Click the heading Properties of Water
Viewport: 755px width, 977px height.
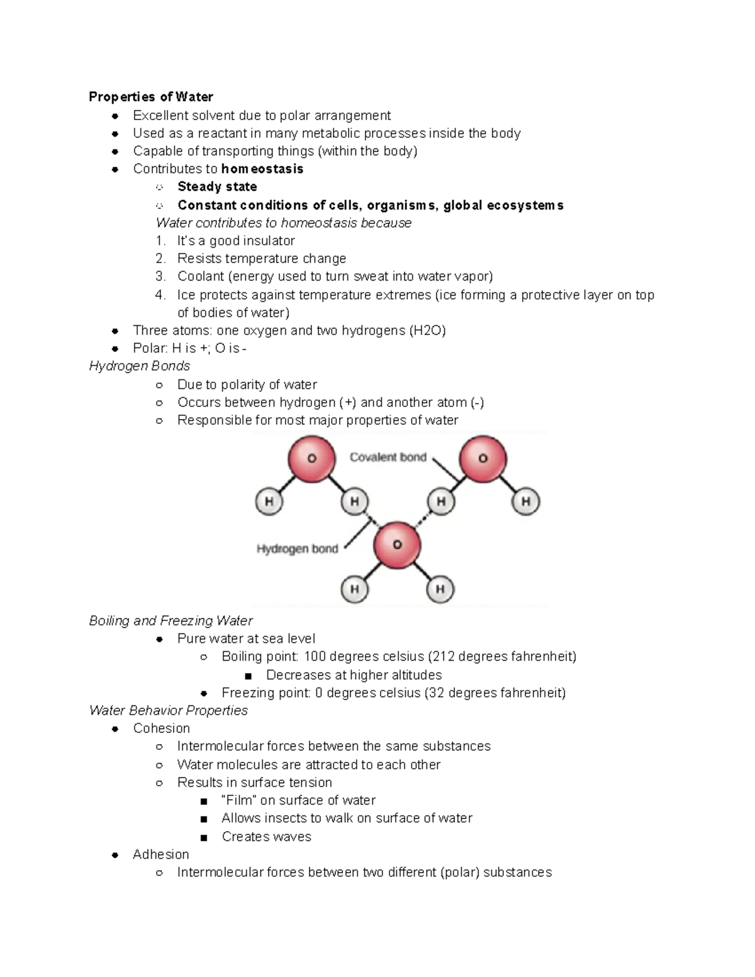pyautogui.click(x=150, y=97)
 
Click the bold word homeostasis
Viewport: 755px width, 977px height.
pyautogui.click(x=262, y=169)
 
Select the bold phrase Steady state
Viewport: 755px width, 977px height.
pyautogui.click(x=217, y=187)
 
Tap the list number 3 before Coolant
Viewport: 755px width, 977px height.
pyautogui.click(x=160, y=276)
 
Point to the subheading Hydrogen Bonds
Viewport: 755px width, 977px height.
pyautogui.click(x=139, y=366)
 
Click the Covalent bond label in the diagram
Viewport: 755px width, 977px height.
pyautogui.click(x=388, y=457)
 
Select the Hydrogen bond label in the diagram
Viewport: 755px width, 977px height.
pyautogui.click(x=297, y=549)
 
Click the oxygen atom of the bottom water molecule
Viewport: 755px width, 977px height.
pyautogui.click(x=396, y=545)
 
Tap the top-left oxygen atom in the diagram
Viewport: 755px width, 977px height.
pyautogui.click(x=311, y=459)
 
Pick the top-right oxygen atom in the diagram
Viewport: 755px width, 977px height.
pyautogui.click(x=483, y=459)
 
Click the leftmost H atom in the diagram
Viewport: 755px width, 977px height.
pyautogui.click(x=269, y=501)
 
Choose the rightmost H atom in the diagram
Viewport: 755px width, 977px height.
pyautogui.click(x=525, y=501)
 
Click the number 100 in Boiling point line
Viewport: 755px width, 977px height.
pyautogui.click(x=315, y=657)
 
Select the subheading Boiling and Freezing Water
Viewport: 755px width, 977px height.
pyautogui.click(x=171, y=621)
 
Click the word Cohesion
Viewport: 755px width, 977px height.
pyautogui.click(x=161, y=729)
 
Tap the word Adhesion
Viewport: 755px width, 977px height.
pyautogui.click(x=160, y=854)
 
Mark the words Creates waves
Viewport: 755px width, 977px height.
pyautogui.click(x=266, y=837)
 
